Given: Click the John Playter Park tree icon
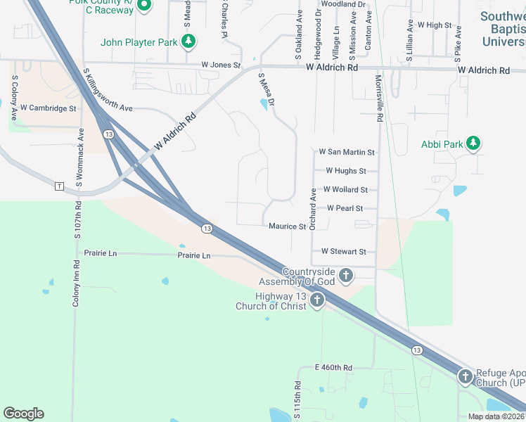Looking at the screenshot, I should click(x=188, y=42).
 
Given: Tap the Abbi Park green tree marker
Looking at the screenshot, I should click(x=473, y=144).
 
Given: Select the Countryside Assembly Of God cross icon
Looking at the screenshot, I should click(x=345, y=276).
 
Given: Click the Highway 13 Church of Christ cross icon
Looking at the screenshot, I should click(x=316, y=301).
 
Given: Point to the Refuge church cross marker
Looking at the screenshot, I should click(x=465, y=378).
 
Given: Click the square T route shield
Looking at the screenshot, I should click(x=59, y=186).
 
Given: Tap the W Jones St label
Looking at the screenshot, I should click(x=221, y=65).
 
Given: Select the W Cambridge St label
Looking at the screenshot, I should click(x=48, y=108).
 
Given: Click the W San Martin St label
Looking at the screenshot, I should click(x=347, y=152).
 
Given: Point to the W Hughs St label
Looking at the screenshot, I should click(x=346, y=171).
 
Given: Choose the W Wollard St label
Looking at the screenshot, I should click(x=345, y=190).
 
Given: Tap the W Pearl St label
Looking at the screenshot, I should click(x=345, y=208).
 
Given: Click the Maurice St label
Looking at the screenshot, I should click(x=287, y=226).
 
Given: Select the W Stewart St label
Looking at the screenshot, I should click(x=344, y=251).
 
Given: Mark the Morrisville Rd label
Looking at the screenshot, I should click(x=378, y=99).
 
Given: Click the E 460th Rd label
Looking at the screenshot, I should click(x=333, y=368).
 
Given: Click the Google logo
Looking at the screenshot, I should click(x=24, y=414).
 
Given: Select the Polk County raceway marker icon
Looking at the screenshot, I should click(x=144, y=6).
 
